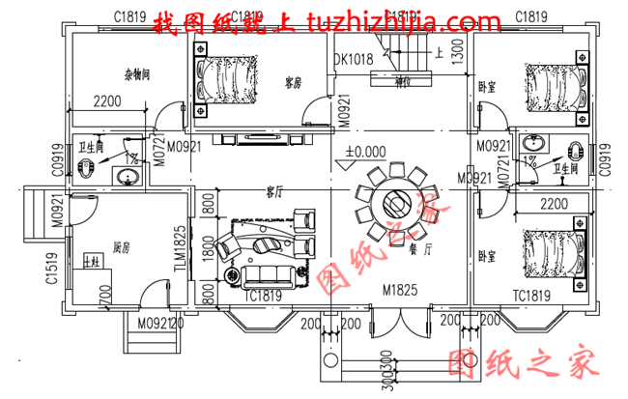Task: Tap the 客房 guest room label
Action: tap(295, 82)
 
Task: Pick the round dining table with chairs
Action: tap(395, 203)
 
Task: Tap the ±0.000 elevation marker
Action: tap(364, 152)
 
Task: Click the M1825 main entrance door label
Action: tap(399, 290)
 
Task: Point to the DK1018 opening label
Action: tap(354, 60)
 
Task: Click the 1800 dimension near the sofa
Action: tap(207, 248)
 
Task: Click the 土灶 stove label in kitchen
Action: tap(94, 262)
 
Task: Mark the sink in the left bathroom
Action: tap(124, 177)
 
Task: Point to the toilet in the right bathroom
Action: tap(576, 152)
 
